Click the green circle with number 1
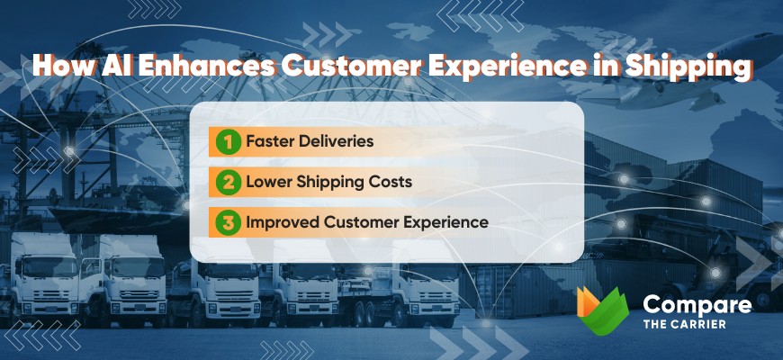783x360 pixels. pos(229,141)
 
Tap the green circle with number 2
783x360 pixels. pos(229,182)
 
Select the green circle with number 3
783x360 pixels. pos(229,221)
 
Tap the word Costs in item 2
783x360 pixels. pos(388,182)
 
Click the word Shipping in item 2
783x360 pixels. pos(326,182)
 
